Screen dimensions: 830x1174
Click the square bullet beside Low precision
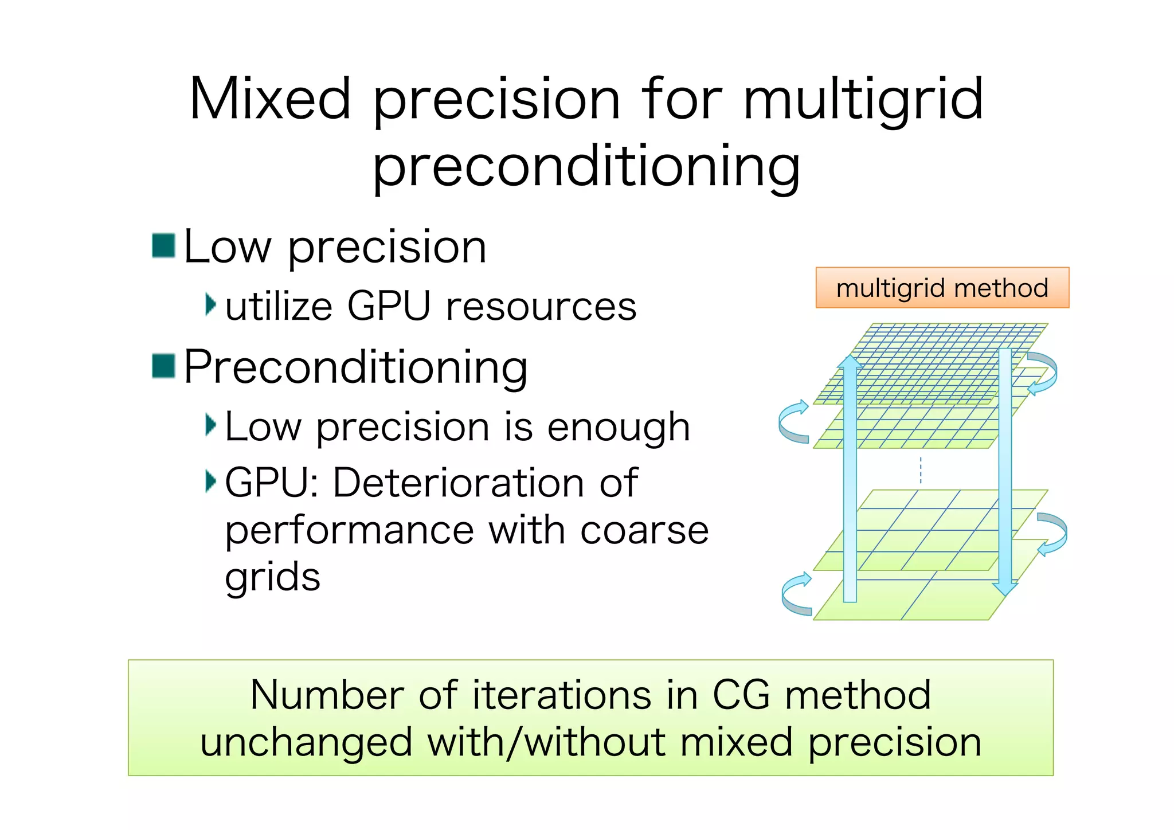coord(163,245)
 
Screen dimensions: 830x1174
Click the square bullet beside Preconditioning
coord(163,366)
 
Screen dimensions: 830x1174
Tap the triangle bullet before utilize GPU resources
coord(211,304)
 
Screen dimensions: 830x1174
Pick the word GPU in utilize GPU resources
coord(389,306)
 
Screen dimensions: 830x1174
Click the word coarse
coord(644,530)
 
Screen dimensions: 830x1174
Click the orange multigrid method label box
coord(942,287)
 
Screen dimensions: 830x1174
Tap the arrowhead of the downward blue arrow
coord(1005,588)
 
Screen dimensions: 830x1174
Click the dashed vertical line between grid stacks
coord(921,469)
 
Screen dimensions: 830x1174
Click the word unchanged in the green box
coord(306,742)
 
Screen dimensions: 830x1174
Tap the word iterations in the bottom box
coord(562,695)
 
